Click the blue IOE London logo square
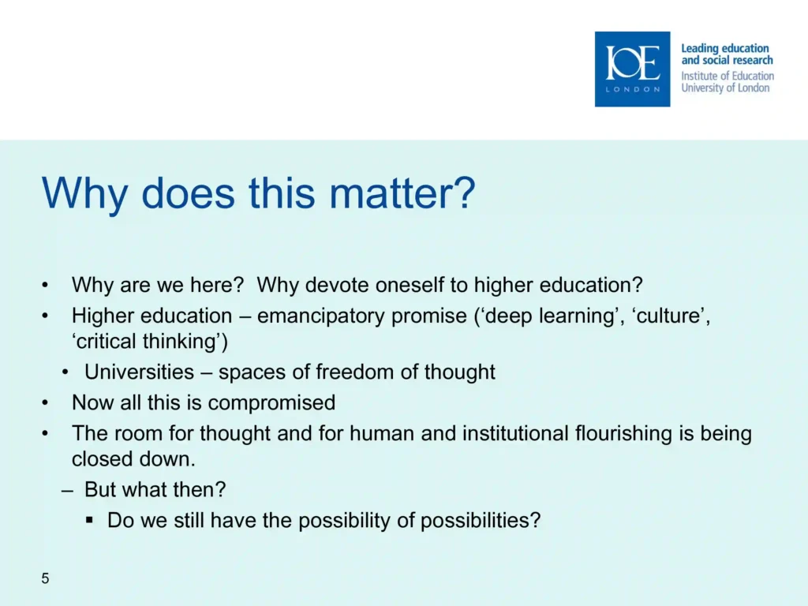coord(632,69)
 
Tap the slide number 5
coord(45,578)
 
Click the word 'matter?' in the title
coord(402,193)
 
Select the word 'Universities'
coord(139,372)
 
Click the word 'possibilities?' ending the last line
coord(481,521)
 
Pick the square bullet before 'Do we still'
coord(90,521)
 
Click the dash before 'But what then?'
coord(67,491)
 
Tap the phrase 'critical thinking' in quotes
coord(150,342)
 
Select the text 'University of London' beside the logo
coord(725,88)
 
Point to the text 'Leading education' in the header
coord(725,48)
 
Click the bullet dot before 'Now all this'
coord(45,403)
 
